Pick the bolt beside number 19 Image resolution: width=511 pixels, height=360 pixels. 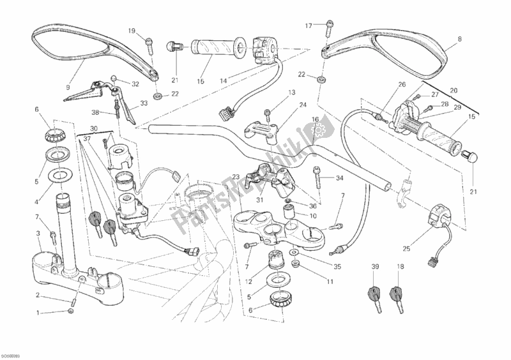coord(148,42)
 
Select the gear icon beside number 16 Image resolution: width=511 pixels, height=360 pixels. coord(315,132)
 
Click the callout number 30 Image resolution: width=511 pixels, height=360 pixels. coord(93,128)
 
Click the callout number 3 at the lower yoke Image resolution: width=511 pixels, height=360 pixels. coord(38,234)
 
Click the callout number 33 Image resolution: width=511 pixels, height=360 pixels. coord(144,103)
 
